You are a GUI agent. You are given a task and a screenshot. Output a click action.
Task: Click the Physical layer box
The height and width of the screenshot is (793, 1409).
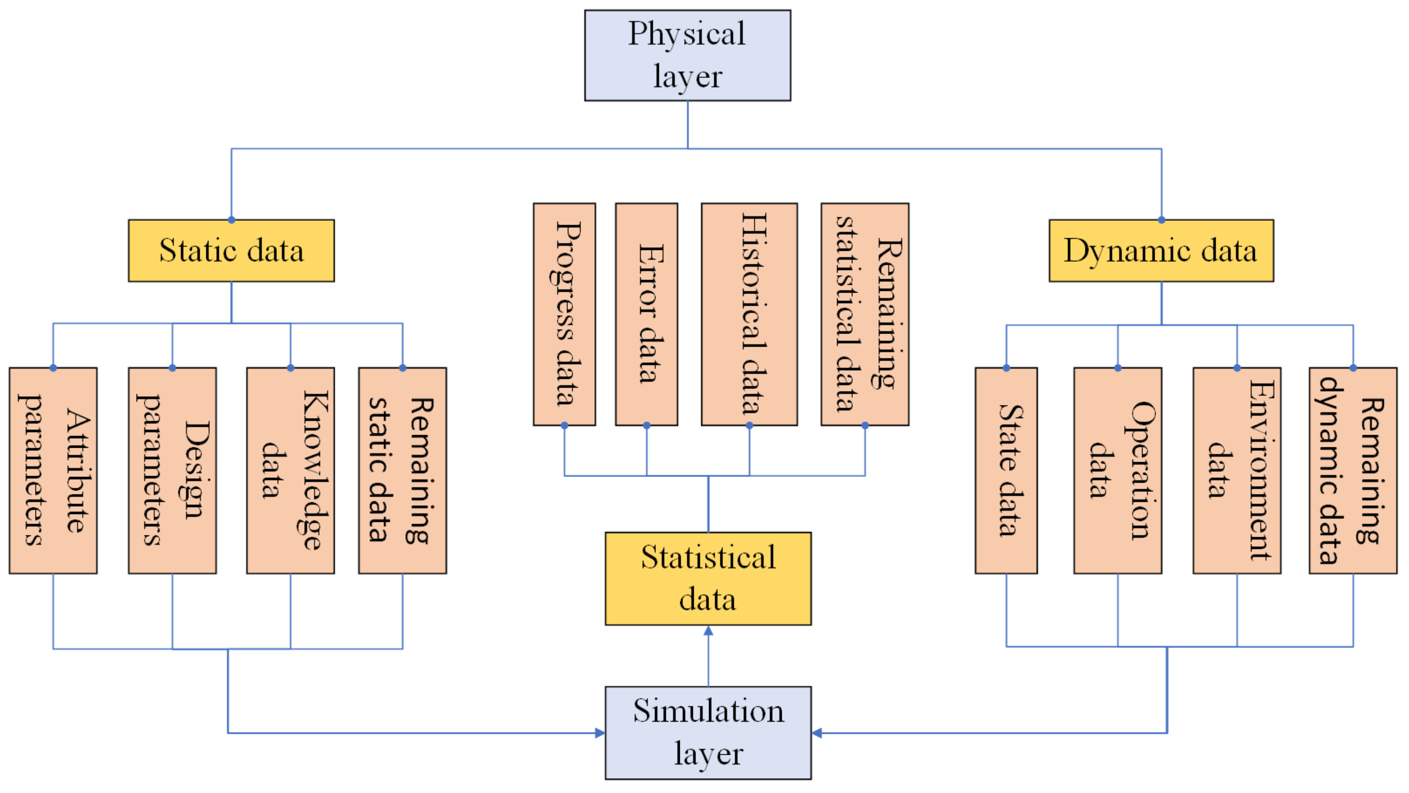[687, 55]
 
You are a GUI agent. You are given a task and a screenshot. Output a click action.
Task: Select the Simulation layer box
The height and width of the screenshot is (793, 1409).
[708, 732]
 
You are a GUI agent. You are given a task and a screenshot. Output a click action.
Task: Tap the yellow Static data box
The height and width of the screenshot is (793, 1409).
[231, 251]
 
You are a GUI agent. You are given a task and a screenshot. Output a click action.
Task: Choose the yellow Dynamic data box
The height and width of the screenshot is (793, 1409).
[1161, 251]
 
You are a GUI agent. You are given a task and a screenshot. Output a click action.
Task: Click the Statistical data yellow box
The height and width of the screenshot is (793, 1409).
[708, 579]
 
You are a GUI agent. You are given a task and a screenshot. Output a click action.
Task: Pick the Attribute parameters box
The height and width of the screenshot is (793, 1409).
[53, 470]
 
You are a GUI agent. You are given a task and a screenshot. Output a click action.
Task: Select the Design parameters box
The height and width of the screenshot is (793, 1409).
[172, 470]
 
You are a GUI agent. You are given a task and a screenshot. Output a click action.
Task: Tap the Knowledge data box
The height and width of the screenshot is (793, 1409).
[290, 470]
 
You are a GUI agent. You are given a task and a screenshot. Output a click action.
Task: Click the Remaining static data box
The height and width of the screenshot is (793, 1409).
[403, 470]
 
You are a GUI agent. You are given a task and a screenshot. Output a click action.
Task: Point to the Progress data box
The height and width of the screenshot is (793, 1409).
[564, 314]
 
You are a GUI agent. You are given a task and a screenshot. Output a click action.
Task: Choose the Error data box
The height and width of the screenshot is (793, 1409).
[647, 314]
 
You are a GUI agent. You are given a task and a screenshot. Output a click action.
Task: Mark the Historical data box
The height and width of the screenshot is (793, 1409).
[749, 314]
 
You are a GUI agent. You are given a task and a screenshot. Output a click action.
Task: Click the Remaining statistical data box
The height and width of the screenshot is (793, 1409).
[865, 314]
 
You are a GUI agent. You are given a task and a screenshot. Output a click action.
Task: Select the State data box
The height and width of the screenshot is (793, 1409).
[1006, 470]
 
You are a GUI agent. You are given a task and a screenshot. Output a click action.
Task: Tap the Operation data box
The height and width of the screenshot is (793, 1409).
[1117, 470]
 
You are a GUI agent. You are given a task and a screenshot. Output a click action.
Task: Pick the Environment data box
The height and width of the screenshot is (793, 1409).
[1237, 470]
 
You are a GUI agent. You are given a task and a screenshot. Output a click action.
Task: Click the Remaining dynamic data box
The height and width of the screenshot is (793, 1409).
[1353, 470]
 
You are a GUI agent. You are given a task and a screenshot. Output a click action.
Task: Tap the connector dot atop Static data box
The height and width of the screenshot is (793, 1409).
[231, 220]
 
